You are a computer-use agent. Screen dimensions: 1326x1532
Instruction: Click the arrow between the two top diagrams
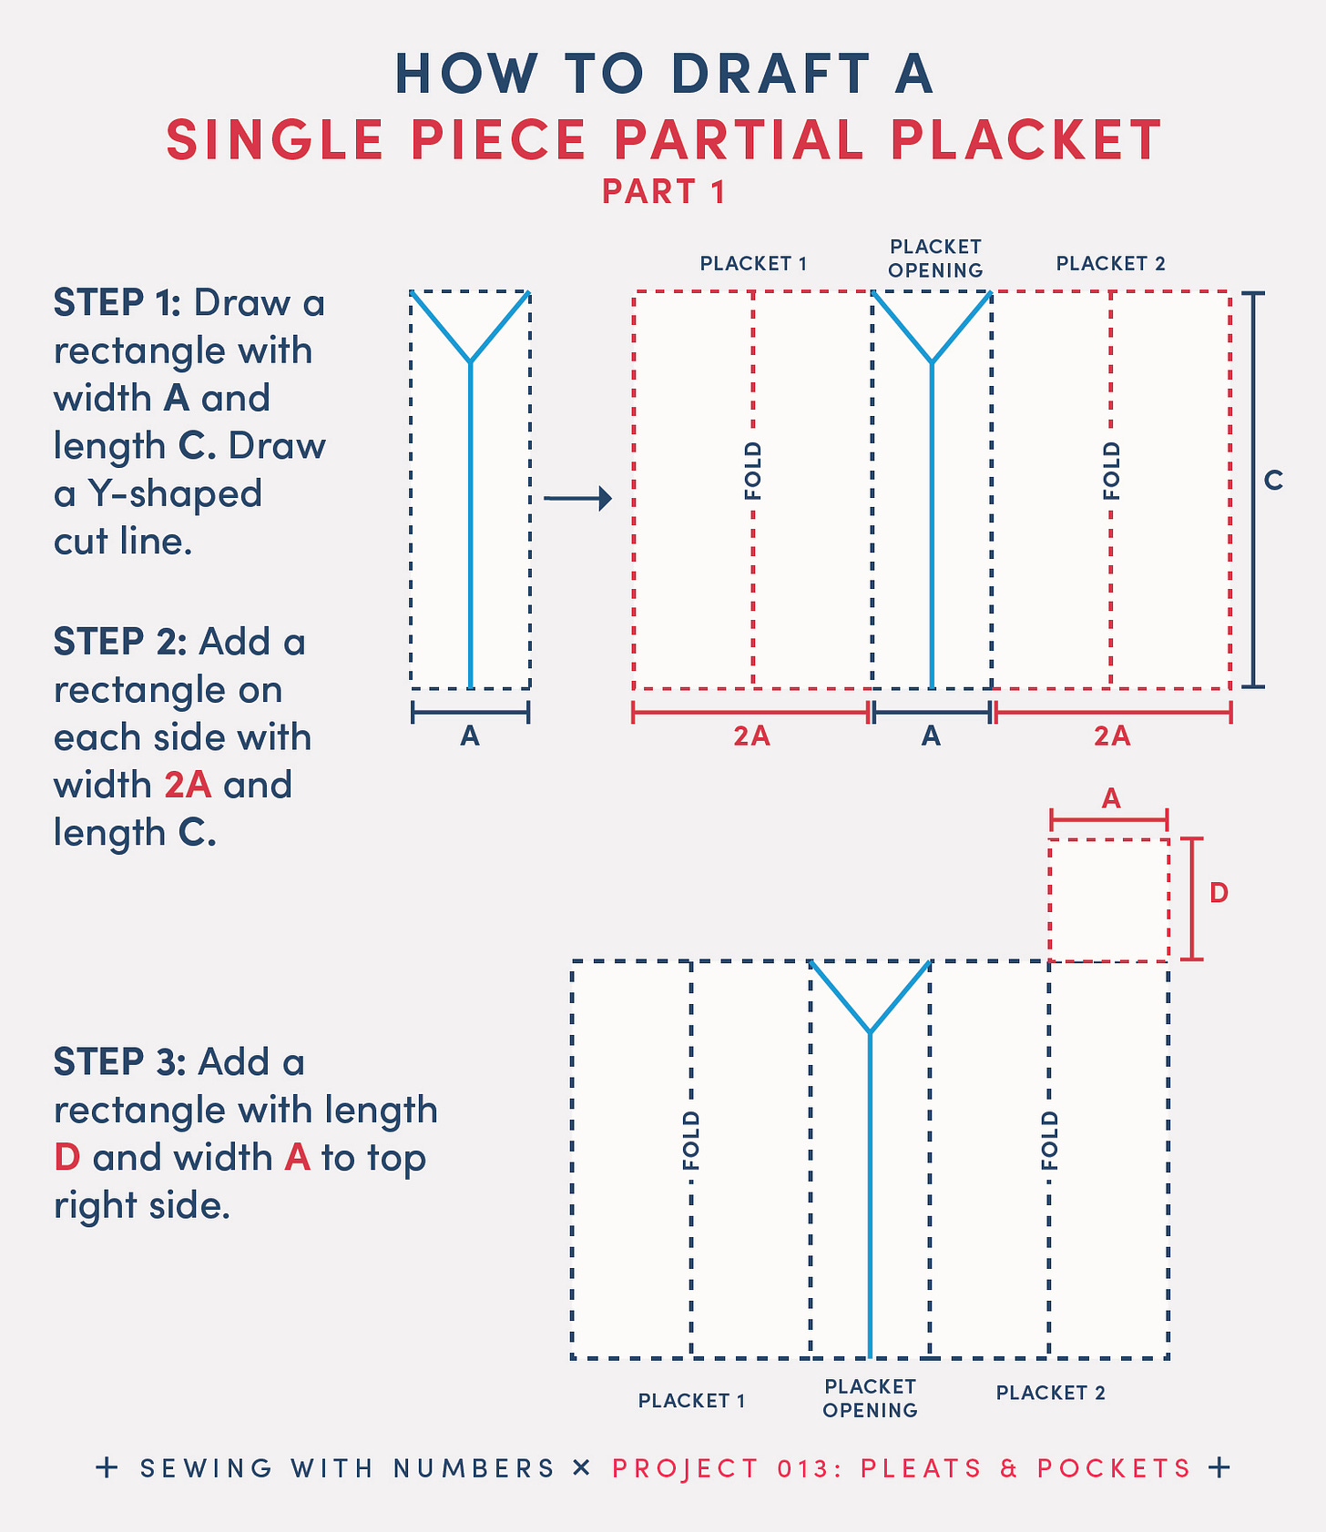click(x=577, y=498)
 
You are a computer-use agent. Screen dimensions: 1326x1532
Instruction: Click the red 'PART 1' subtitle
click(x=664, y=192)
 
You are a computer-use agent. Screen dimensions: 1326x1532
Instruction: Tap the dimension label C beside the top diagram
click(x=1273, y=480)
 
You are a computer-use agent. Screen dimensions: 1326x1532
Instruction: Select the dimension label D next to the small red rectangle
click(x=1219, y=893)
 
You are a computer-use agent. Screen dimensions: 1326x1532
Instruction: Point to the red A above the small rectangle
click(x=1111, y=798)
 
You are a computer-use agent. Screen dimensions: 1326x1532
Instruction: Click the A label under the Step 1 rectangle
click(x=470, y=736)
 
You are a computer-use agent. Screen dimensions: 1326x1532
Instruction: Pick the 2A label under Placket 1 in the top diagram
click(x=751, y=736)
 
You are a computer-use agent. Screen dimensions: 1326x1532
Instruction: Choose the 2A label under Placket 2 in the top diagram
click(x=1112, y=736)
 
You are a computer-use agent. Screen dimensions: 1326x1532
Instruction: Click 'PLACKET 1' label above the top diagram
click(x=753, y=264)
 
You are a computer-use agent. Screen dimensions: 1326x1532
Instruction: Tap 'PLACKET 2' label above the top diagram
click(x=1111, y=264)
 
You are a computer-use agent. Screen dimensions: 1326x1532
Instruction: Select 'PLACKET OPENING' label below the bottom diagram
click(x=870, y=1398)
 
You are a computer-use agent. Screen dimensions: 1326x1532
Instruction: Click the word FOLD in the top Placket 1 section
click(x=753, y=472)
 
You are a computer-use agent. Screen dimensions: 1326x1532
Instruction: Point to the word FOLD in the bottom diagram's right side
click(x=1050, y=1141)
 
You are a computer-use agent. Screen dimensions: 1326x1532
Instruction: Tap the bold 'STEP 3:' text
click(x=120, y=1061)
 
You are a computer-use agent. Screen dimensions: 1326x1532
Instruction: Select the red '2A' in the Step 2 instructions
click(x=188, y=785)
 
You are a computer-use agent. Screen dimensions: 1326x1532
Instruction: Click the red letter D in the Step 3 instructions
click(x=67, y=1157)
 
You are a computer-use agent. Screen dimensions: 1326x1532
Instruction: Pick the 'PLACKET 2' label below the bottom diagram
click(x=1050, y=1393)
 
